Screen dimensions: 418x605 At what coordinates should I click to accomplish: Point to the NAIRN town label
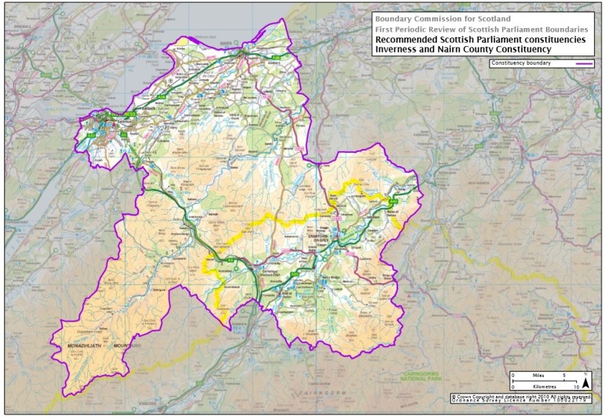tap(244, 45)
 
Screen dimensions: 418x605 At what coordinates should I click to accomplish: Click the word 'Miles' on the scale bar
tap(538, 375)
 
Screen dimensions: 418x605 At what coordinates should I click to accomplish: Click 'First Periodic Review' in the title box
tap(418, 28)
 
